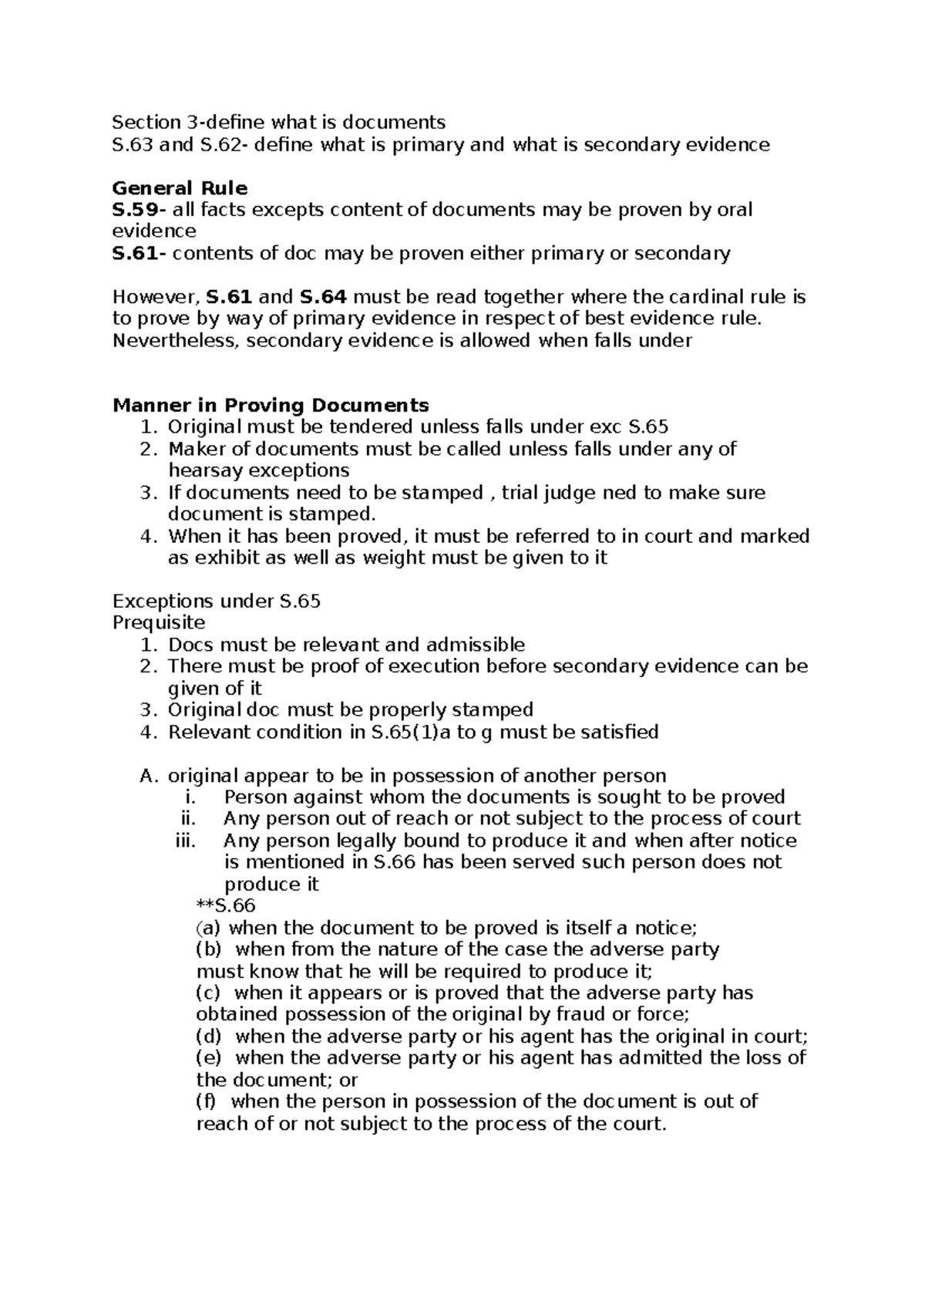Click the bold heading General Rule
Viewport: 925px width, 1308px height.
coord(180,188)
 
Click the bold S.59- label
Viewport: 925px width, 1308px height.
coord(139,210)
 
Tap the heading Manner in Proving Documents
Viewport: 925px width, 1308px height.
coord(271,406)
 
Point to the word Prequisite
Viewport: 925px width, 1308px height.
coord(159,622)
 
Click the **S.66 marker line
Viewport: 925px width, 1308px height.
coord(226,905)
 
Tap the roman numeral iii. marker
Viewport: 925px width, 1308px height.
coord(187,841)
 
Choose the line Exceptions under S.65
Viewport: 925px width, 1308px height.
coord(217,601)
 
